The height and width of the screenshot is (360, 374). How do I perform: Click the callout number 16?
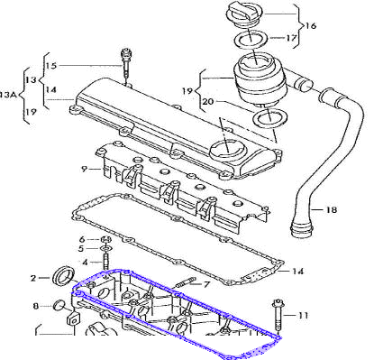point(311,25)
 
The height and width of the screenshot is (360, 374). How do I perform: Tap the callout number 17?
point(291,38)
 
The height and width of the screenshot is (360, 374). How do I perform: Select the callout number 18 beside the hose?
point(332,209)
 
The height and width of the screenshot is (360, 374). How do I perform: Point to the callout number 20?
point(208,102)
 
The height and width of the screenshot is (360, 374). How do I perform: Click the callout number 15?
point(51,66)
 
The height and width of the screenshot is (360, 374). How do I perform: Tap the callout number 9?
point(84,169)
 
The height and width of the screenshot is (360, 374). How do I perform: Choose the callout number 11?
point(303,316)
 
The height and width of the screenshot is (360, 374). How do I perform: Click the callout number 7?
point(206,284)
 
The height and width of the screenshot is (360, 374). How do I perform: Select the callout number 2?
point(33,278)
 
